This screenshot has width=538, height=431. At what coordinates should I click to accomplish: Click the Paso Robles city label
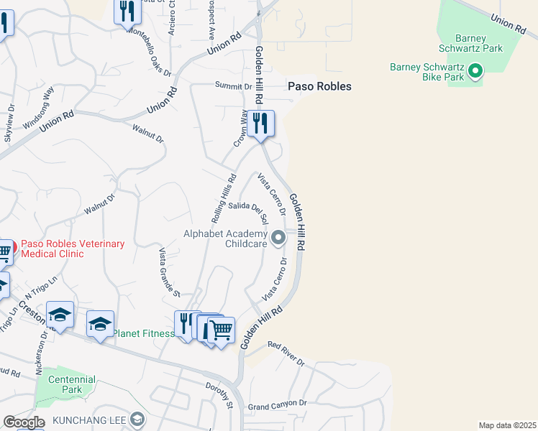click(x=319, y=86)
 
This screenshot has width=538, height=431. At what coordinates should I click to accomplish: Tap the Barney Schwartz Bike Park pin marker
click(x=475, y=71)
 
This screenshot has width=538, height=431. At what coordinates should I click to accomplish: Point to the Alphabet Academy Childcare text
click(x=225, y=238)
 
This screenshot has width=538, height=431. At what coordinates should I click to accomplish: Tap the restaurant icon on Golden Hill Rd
click(x=260, y=123)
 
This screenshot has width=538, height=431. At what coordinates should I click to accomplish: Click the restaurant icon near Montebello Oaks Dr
click(x=127, y=11)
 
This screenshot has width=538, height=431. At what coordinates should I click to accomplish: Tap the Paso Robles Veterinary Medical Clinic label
click(x=73, y=249)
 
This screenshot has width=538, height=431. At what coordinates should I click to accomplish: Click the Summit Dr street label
click(x=234, y=86)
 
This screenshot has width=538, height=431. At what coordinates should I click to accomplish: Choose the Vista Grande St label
click(x=169, y=272)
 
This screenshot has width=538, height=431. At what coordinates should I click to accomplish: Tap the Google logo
click(x=24, y=422)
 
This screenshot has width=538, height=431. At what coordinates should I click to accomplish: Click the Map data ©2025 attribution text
click(x=507, y=425)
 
